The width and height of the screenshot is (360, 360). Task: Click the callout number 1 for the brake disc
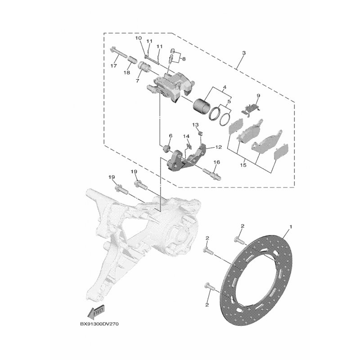pos(291,227)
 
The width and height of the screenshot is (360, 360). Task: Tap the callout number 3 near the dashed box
pos(244,53)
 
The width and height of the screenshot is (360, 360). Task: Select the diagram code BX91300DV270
pos(99,324)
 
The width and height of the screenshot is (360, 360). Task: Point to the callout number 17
pos(114,66)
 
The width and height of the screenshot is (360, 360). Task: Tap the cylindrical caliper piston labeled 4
pos(199,105)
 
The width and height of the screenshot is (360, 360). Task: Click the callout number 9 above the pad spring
pos(258,95)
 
